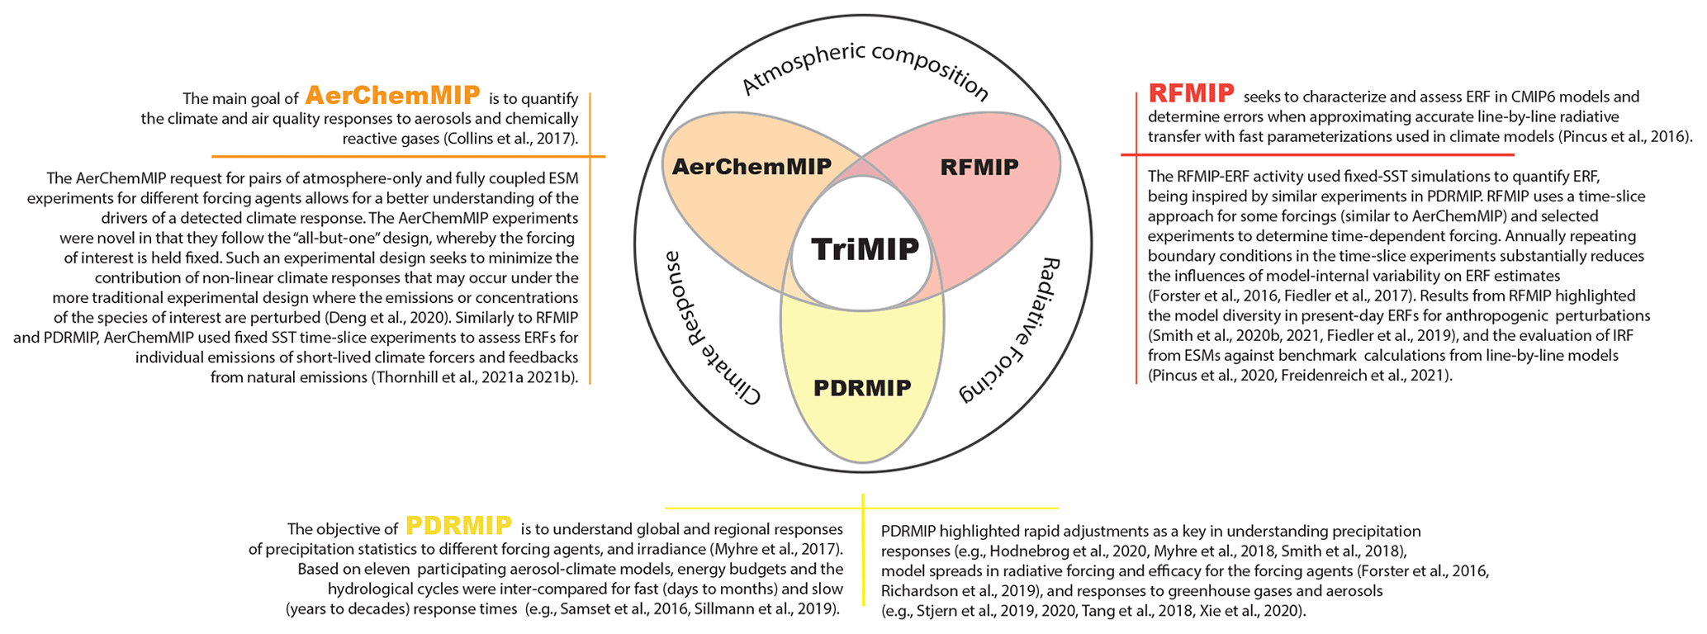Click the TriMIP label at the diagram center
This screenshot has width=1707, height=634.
[x=865, y=248]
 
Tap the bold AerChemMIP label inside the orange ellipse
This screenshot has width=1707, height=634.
[x=752, y=166]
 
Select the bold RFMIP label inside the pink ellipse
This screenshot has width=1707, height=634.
[x=979, y=167]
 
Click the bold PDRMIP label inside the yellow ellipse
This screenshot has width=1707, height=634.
[x=862, y=387]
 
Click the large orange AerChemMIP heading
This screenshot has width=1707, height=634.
[x=392, y=95]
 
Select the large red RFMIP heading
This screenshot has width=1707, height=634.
[x=1191, y=93]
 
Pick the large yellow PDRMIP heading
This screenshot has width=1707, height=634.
[x=458, y=526]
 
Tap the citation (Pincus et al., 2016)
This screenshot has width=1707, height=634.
[x=1626, y=136]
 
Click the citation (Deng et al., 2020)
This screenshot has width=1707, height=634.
[x=377, y=318]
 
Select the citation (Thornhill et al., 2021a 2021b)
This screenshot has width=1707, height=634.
[x=474, y=377]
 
